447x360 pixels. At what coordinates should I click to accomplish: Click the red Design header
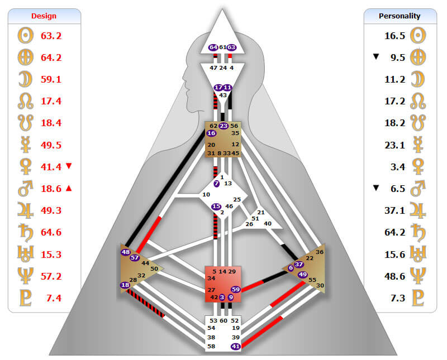(44, 16)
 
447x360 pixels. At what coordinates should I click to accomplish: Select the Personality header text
(400, 16)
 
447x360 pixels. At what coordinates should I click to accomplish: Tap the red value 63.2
(51, 36)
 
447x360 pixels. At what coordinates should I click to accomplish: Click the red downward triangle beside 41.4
(69, 166)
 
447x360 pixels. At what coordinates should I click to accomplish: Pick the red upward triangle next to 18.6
(69, 188)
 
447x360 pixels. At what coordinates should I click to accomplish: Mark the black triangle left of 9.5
(376, 57)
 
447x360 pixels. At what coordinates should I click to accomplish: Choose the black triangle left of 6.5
(376, 188)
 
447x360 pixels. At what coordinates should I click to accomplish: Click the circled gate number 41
(235, 347)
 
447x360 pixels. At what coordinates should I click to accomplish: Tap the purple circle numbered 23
(223, 126)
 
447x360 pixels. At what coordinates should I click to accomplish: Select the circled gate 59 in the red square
(235, 289)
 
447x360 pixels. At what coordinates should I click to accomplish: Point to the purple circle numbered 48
(126, 252)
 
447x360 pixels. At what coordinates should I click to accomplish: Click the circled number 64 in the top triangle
(213, 47)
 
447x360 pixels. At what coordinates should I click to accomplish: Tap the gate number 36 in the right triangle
(319, 252)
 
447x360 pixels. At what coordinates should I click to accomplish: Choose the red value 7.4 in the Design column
(54, 297)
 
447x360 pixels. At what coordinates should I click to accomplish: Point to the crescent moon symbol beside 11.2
(415, 79)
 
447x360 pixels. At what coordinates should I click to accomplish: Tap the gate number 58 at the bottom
(211, 347)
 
